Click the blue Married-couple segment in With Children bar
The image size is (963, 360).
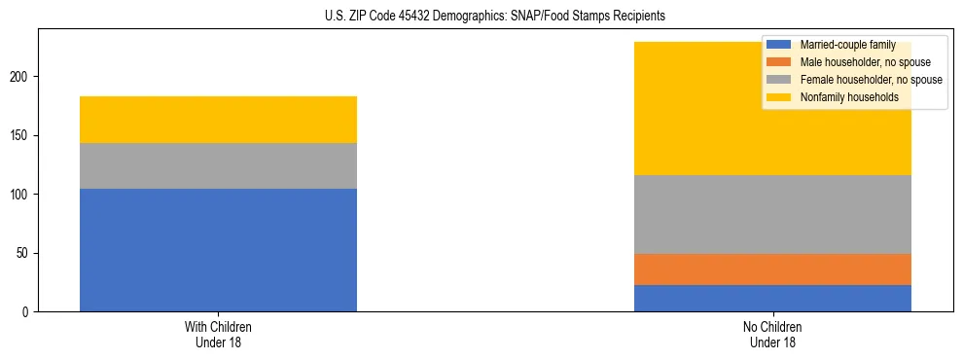218,250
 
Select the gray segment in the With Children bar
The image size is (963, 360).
218,165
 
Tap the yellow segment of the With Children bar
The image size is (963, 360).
218,120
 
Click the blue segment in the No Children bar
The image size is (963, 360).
772,298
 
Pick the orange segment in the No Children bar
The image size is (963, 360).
772,270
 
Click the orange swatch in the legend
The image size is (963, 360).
778,62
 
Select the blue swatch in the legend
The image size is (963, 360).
778,45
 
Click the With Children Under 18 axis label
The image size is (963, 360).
218,335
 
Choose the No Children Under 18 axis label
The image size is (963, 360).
772,335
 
